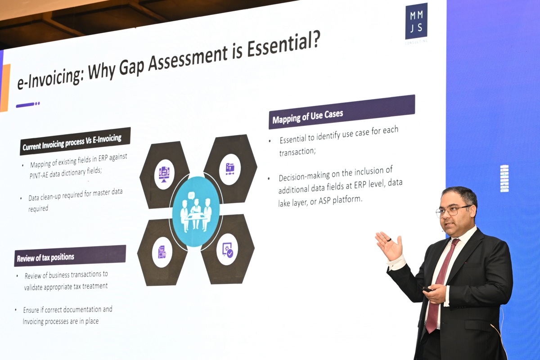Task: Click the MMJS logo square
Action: coord(416,21)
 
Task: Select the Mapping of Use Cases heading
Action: coord(308,117)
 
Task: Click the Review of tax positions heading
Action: coord(45,258)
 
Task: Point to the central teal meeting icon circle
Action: coord(196,211)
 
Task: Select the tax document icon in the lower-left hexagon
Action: coord(162,252)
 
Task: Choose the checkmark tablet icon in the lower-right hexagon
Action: coord(228,250)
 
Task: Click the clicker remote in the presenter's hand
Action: coord(427,289)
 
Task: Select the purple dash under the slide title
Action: coord(25,105)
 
